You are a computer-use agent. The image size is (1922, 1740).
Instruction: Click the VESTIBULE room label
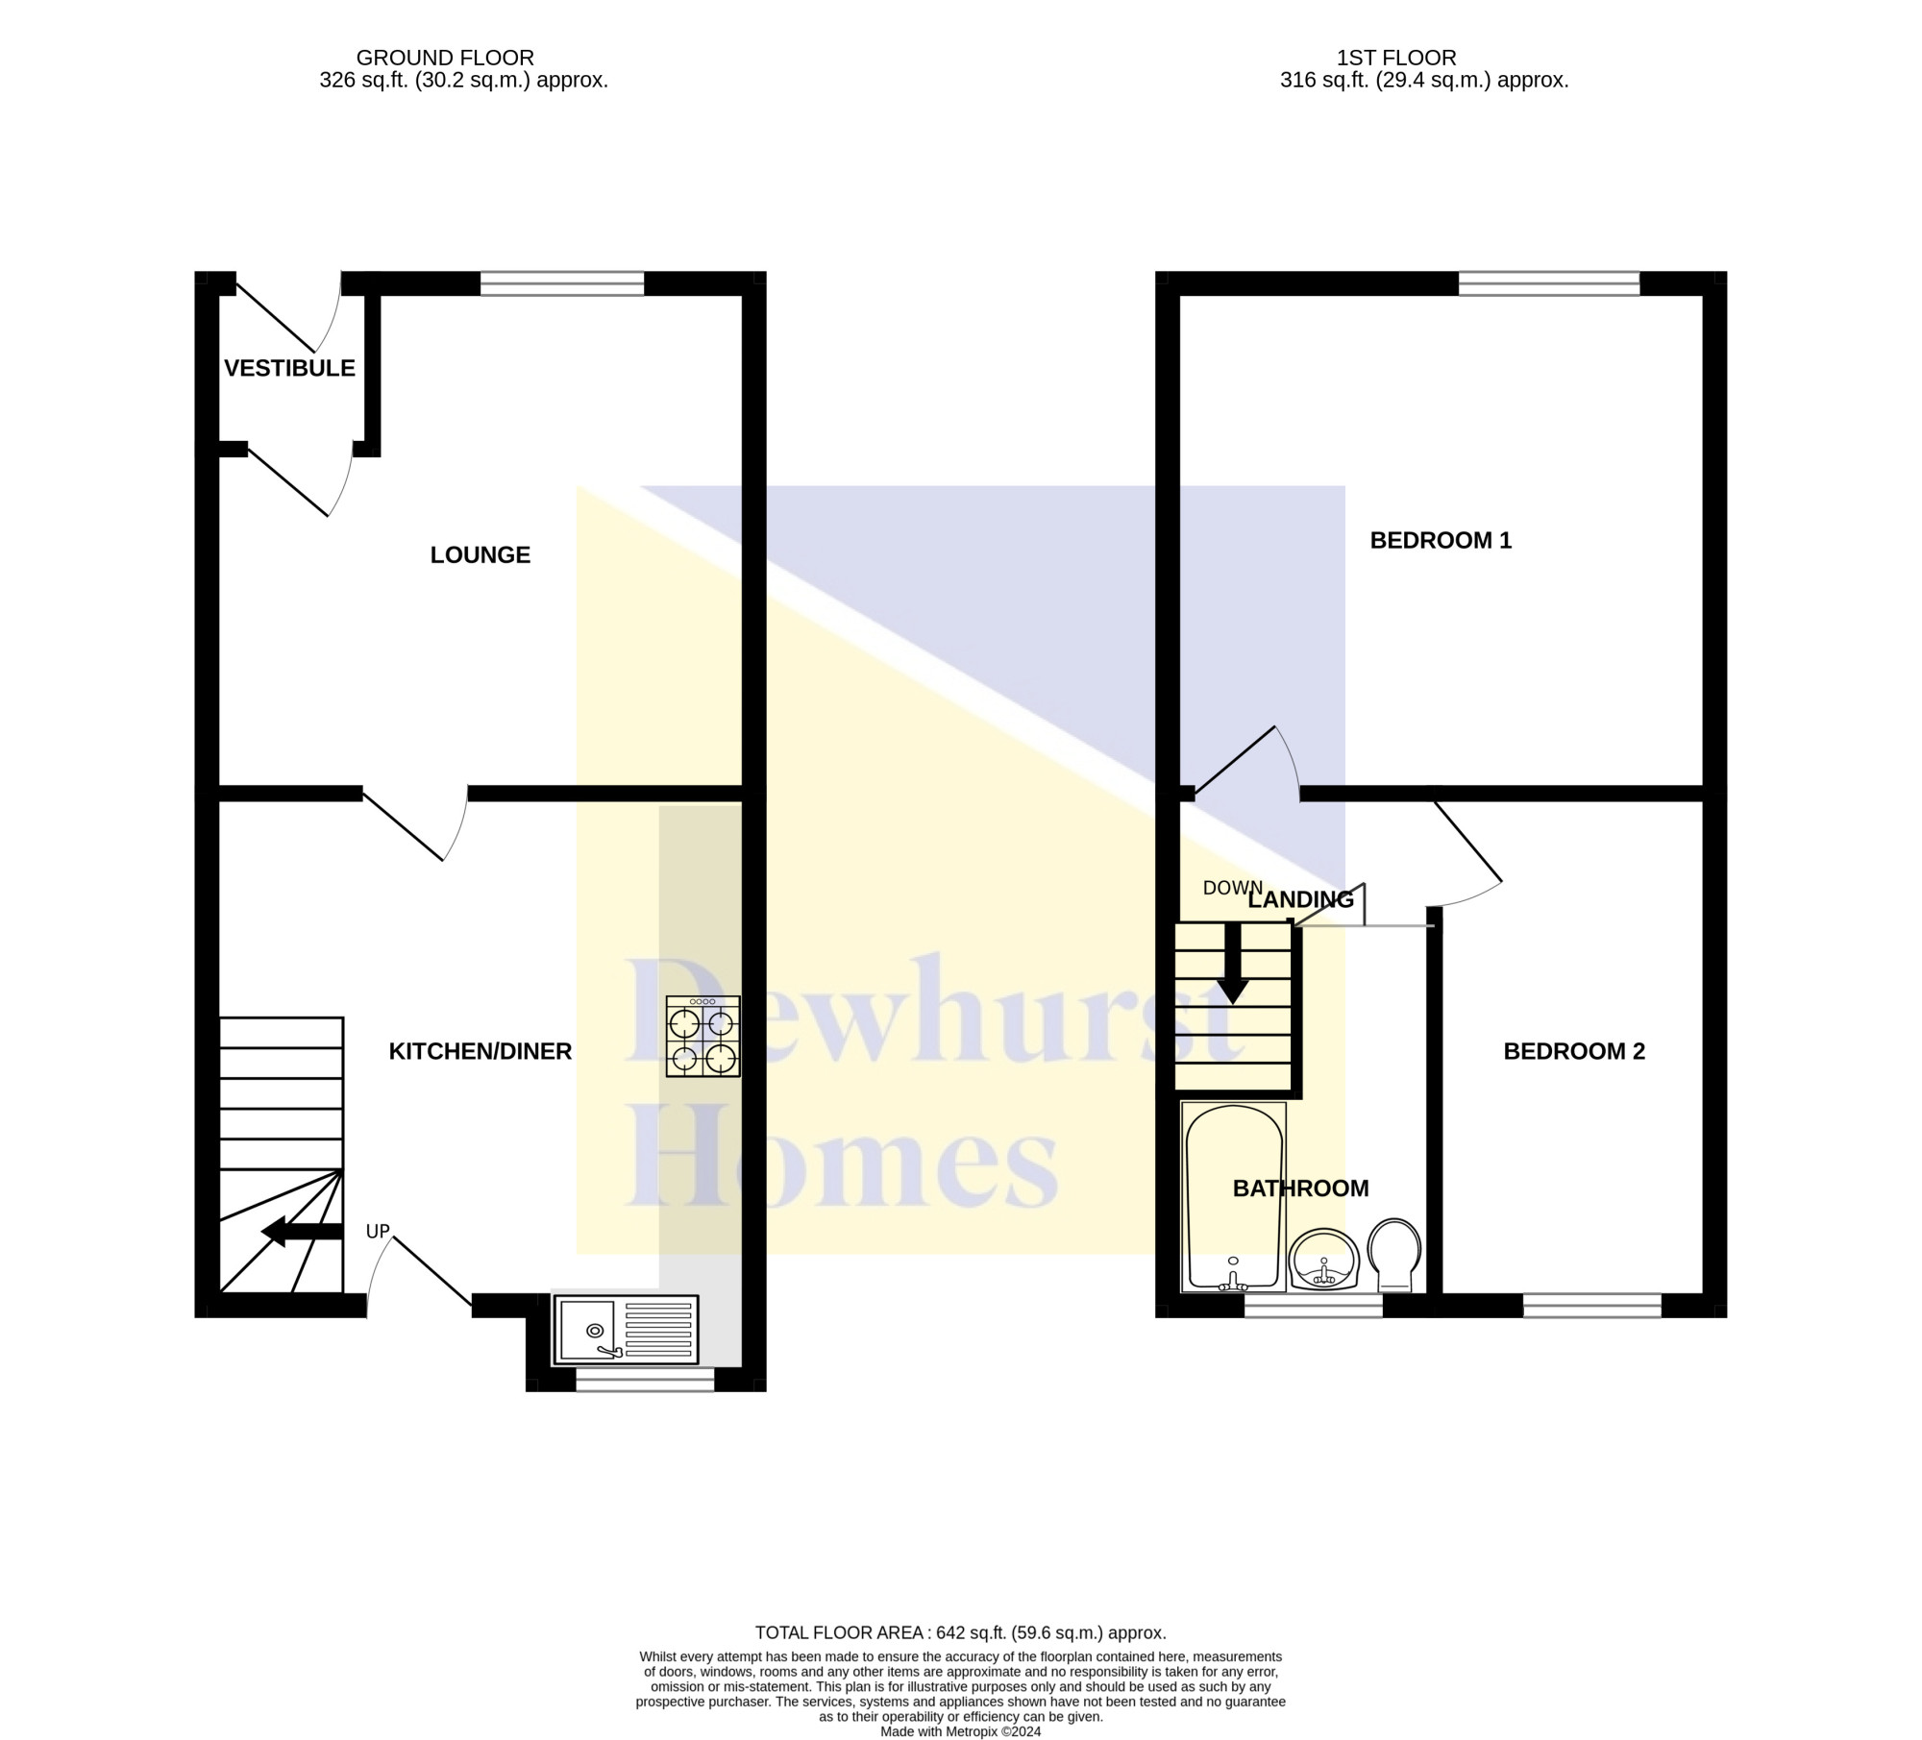(x=289, y=368)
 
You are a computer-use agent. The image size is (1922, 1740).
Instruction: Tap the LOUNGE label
(x=480, y=554)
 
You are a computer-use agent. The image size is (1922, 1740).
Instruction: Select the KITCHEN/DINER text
(x=480, y=1051)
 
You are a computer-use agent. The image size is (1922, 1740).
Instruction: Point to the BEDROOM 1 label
(x=1440, y=540)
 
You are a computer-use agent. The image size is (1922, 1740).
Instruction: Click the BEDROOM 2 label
(x=1573, y=1051)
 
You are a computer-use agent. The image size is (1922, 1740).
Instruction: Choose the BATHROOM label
(x=1300, y=1189)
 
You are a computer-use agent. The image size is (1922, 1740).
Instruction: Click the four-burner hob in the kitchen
(x=703, y=1036)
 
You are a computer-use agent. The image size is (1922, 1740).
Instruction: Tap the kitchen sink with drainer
(x=626, y=1330)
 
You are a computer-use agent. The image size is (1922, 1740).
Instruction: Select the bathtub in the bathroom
(x=1234, y=1196)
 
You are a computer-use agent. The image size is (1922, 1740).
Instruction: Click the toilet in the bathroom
(x=1393, y=1254)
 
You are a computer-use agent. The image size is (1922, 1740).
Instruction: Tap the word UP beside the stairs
(x=378, y=1231)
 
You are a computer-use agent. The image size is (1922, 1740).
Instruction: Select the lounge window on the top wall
(x=562, y=282)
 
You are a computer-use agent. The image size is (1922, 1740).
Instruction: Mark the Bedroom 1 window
(x=1548, y=282)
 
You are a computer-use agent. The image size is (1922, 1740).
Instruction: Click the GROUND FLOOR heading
(x=444, y=58)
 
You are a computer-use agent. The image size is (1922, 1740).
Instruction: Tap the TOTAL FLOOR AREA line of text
(x=960, y=1632)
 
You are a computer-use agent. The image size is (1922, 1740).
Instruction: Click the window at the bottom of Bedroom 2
(x=1591, y=1305)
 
